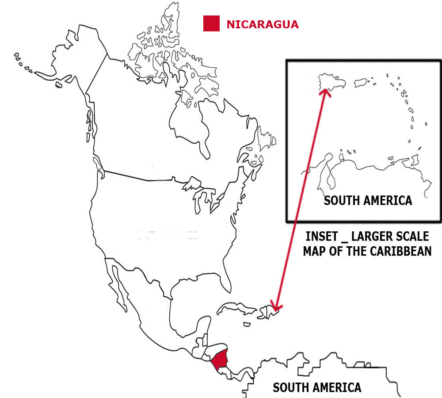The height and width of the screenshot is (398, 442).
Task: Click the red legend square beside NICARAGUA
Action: point(211,23)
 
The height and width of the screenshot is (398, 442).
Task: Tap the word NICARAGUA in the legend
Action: point(262,24)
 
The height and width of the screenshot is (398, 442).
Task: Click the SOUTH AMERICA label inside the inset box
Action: point(368,200)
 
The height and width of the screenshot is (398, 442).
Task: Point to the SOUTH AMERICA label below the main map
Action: point(317,388)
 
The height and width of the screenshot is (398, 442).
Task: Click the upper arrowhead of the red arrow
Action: point(326,91)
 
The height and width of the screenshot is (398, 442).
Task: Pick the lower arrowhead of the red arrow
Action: point(276,308)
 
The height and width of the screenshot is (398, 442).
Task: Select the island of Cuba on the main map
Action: point(236,308)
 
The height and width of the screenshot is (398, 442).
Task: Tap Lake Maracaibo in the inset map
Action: point(330,177)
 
